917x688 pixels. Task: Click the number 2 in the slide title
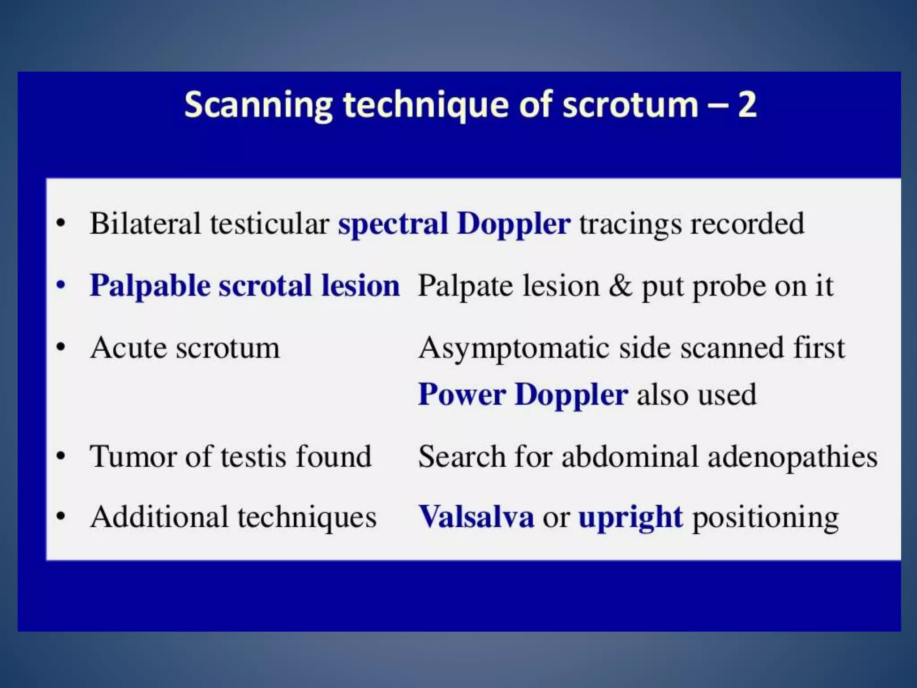747,104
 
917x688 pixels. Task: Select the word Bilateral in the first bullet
145,224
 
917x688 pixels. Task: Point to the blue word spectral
393,224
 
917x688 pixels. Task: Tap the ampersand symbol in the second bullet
621,286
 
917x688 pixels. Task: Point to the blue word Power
462,395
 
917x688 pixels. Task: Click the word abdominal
629,456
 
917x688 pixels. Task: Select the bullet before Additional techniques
61,517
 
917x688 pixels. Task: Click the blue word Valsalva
476,517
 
